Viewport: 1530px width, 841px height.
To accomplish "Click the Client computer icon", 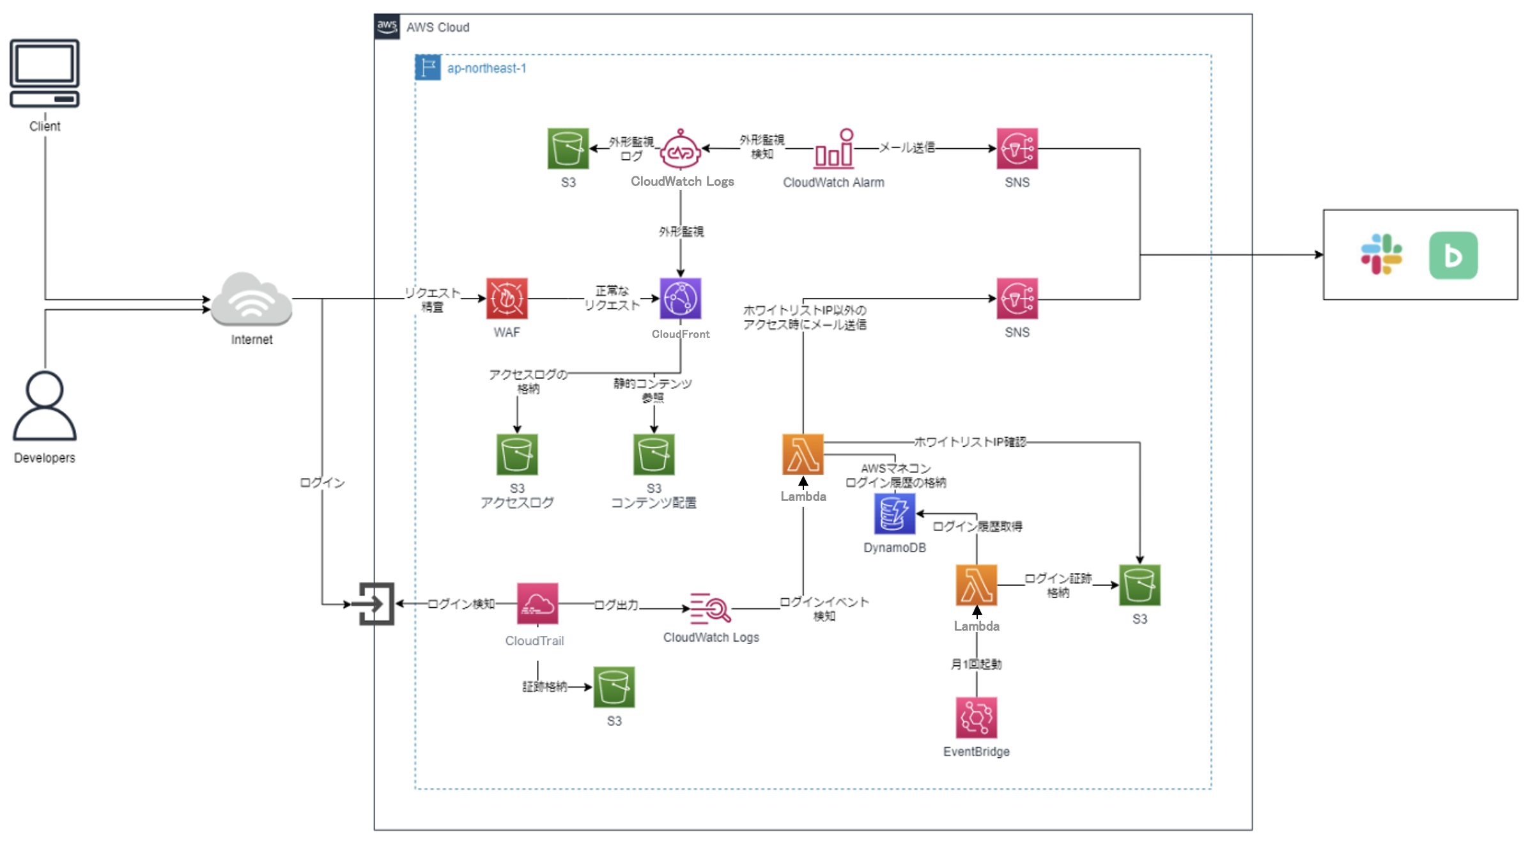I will (45, 73).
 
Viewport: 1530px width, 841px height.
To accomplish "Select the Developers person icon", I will (45, 405).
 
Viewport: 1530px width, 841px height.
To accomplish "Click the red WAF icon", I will (507, 298).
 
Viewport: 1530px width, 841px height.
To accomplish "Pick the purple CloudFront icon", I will (681, 298).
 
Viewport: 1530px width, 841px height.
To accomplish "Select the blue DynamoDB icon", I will (894, 513).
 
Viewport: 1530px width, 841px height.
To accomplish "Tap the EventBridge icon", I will (976, 718).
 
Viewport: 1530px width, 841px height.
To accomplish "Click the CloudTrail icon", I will (537, 603).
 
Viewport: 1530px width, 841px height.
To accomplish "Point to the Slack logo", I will (1381, 254).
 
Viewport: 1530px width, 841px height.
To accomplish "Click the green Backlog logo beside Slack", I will (1453, 255).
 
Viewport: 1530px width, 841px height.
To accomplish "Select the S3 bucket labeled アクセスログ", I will (517, 454).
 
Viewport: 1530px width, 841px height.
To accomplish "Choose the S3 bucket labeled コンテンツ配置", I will (654, 454).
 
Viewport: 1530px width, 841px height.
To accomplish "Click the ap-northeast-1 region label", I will (486, 68).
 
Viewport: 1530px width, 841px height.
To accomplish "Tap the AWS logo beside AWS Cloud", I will (387, 27).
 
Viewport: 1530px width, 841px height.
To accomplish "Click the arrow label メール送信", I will (907, 148).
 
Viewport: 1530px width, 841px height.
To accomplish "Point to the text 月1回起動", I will (976, 664).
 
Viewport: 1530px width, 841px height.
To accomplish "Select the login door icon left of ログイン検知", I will (376, 603).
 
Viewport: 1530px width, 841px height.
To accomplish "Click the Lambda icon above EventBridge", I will (976, 585).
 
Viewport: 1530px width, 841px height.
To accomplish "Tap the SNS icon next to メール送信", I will (1017, 148).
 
